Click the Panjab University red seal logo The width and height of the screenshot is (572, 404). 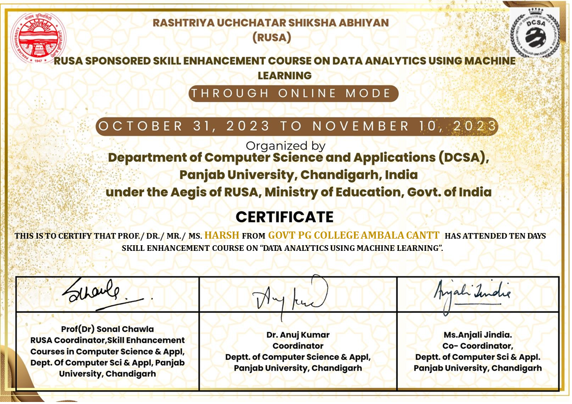coord(38,38)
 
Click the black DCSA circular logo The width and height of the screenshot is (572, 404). coord(535,32)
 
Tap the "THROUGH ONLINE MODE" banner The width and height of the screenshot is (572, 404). coord(292,94)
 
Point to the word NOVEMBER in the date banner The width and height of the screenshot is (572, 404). coord(361,126)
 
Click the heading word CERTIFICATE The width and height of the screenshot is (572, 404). coord(284,217)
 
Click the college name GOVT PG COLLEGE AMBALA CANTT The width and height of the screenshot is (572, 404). coord(353,236)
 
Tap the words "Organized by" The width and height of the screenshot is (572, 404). coord(285,146)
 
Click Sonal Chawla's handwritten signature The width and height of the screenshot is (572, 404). coord(102,294)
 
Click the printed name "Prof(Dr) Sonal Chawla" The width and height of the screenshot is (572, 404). coord(107,329)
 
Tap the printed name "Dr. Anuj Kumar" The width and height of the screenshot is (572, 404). coord(298,335)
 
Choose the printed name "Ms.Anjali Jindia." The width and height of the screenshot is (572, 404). coord(477,335)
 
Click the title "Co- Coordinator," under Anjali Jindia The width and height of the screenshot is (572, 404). coord(477,346)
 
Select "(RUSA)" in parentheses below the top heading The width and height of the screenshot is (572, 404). coord(271,38)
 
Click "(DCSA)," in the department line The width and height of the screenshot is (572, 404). coord(464,158)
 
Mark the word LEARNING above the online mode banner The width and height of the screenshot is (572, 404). coord(284,75)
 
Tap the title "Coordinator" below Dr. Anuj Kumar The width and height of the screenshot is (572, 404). coord(298,346)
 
